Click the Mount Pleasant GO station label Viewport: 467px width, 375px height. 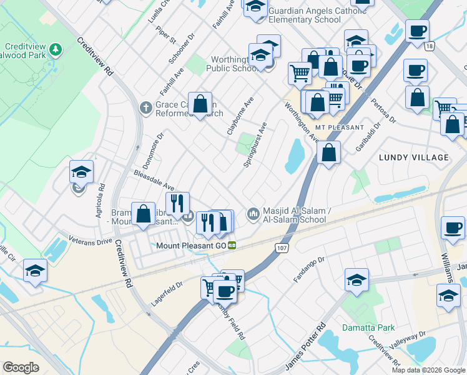pyautogui.click(x=191, y=245)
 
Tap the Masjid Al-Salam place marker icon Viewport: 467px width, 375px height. pyautogui.click(x=253, y=214)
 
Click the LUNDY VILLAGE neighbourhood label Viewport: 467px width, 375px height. pyautogui.click(x=413, y=157)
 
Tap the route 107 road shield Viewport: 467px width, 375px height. pyautogui.click(x=280, y=247)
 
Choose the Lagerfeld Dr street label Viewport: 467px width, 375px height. pyautogui.click(x=166, y=293)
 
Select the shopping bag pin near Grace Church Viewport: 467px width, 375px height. pyautogui.click(x=200, y=104)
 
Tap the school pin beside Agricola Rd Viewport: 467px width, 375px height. pyautogui.click(x=81, y=172)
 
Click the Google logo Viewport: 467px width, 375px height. pyautogui.click(x=21, y=367)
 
